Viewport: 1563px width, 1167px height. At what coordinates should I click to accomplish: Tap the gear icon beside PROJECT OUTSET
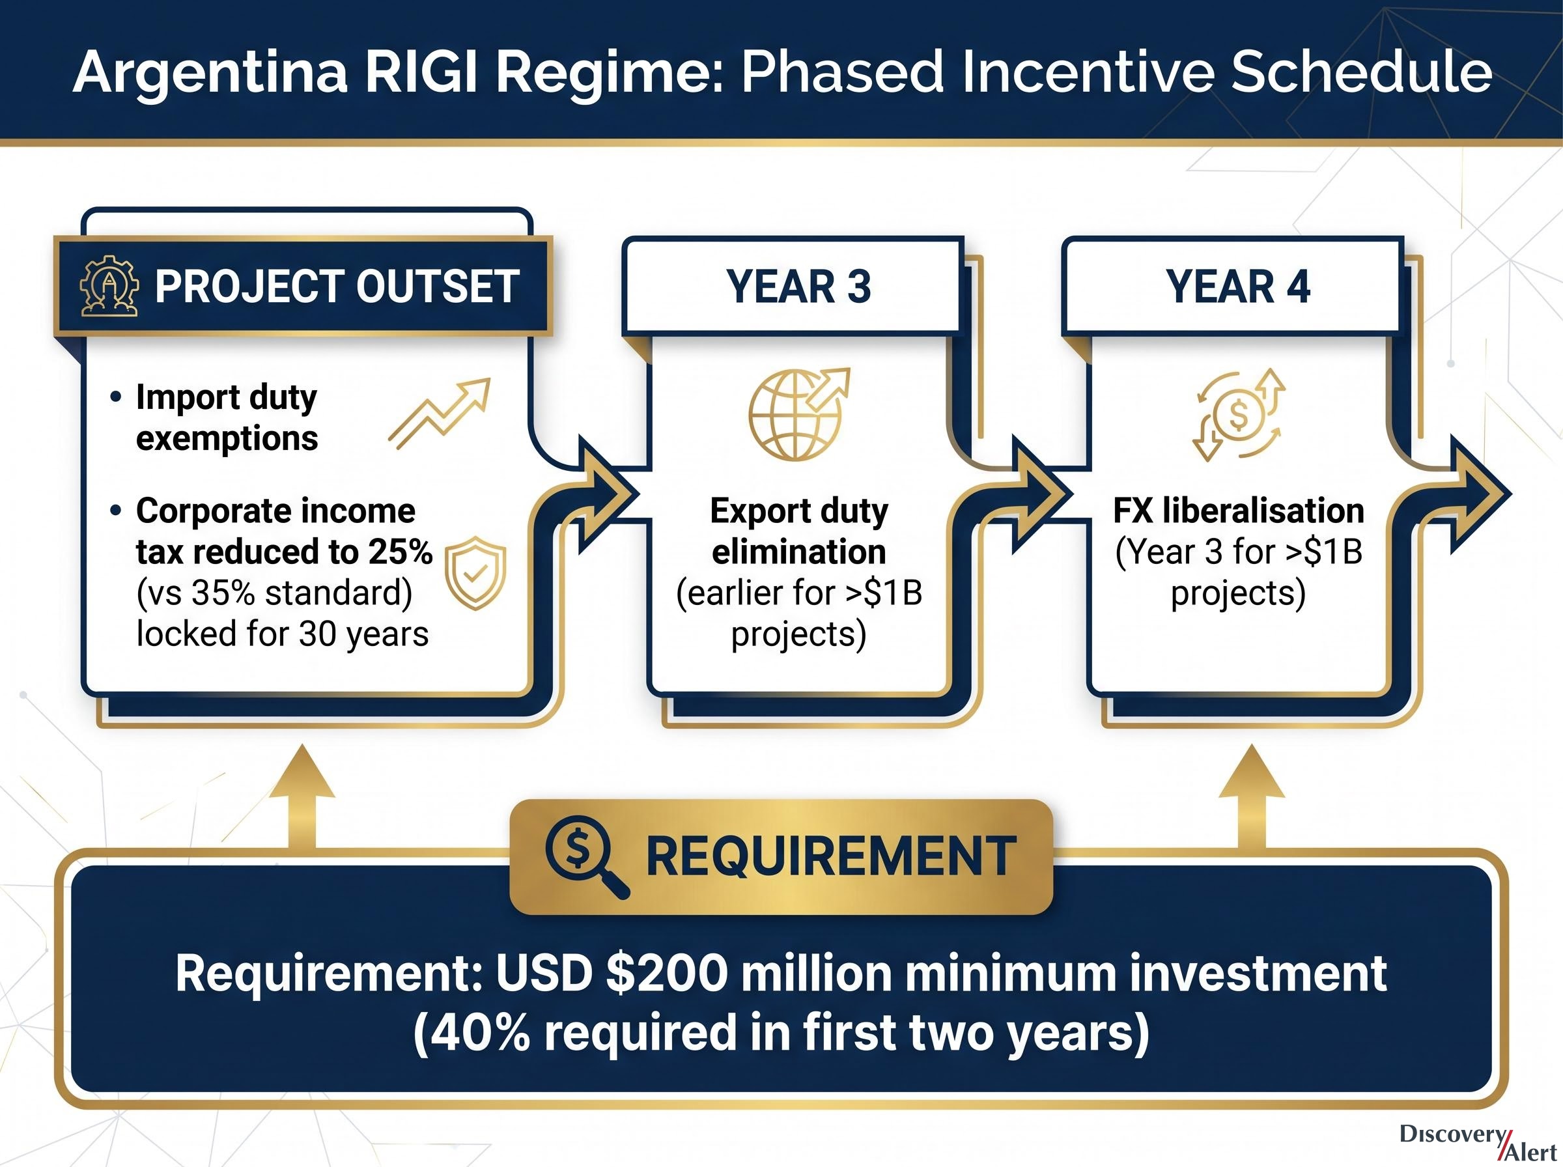tap(109, 285)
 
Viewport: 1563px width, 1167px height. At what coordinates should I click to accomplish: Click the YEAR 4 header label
tap(1237, 287)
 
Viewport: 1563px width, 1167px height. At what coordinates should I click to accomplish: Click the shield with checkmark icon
tap(475, 573)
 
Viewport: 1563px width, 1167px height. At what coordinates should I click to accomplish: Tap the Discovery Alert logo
tap(1478, 1142)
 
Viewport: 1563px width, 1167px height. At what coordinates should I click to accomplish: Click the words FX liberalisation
tap(1238, 511)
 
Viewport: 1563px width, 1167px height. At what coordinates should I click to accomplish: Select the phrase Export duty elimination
tap(799, 531)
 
